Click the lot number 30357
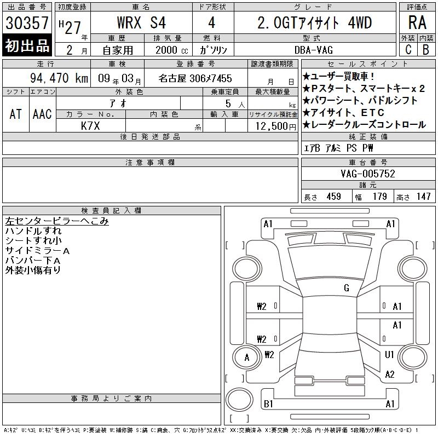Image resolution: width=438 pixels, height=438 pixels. (27, 23)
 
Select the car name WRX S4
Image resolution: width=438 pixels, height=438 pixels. (141, 22)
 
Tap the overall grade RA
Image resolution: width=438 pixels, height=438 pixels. (417, 22)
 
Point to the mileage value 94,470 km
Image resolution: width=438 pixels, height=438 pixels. (59, 78)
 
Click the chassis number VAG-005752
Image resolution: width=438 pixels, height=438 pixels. (368, 174)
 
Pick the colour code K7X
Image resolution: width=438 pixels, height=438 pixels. (90, 126)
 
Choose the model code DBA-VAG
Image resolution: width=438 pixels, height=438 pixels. (314, 50)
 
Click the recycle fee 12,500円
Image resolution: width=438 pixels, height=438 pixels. (276, 126)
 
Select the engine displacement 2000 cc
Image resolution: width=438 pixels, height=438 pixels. (171, 50)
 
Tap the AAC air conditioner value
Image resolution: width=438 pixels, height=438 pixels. (42, 114)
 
